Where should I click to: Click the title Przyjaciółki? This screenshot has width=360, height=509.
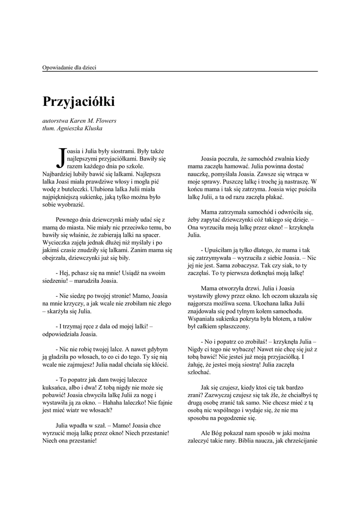pos(79,102)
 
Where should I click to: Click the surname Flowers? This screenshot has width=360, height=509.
pos(107,120)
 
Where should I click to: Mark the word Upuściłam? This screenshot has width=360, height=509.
pos(218,250)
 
